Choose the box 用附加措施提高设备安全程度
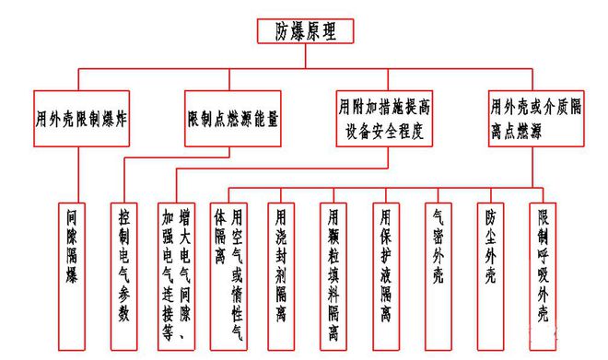[379, 119]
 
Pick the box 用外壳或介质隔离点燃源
[536, 119]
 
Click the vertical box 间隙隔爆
[73, 266]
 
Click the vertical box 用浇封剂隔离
[281, 266]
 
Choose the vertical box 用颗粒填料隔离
[333, 266]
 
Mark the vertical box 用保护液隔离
[386, 266]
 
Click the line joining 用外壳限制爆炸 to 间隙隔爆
[79, 175]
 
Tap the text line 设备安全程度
[379, 130]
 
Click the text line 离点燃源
[522, 130]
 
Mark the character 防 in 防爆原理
[284, 31]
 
